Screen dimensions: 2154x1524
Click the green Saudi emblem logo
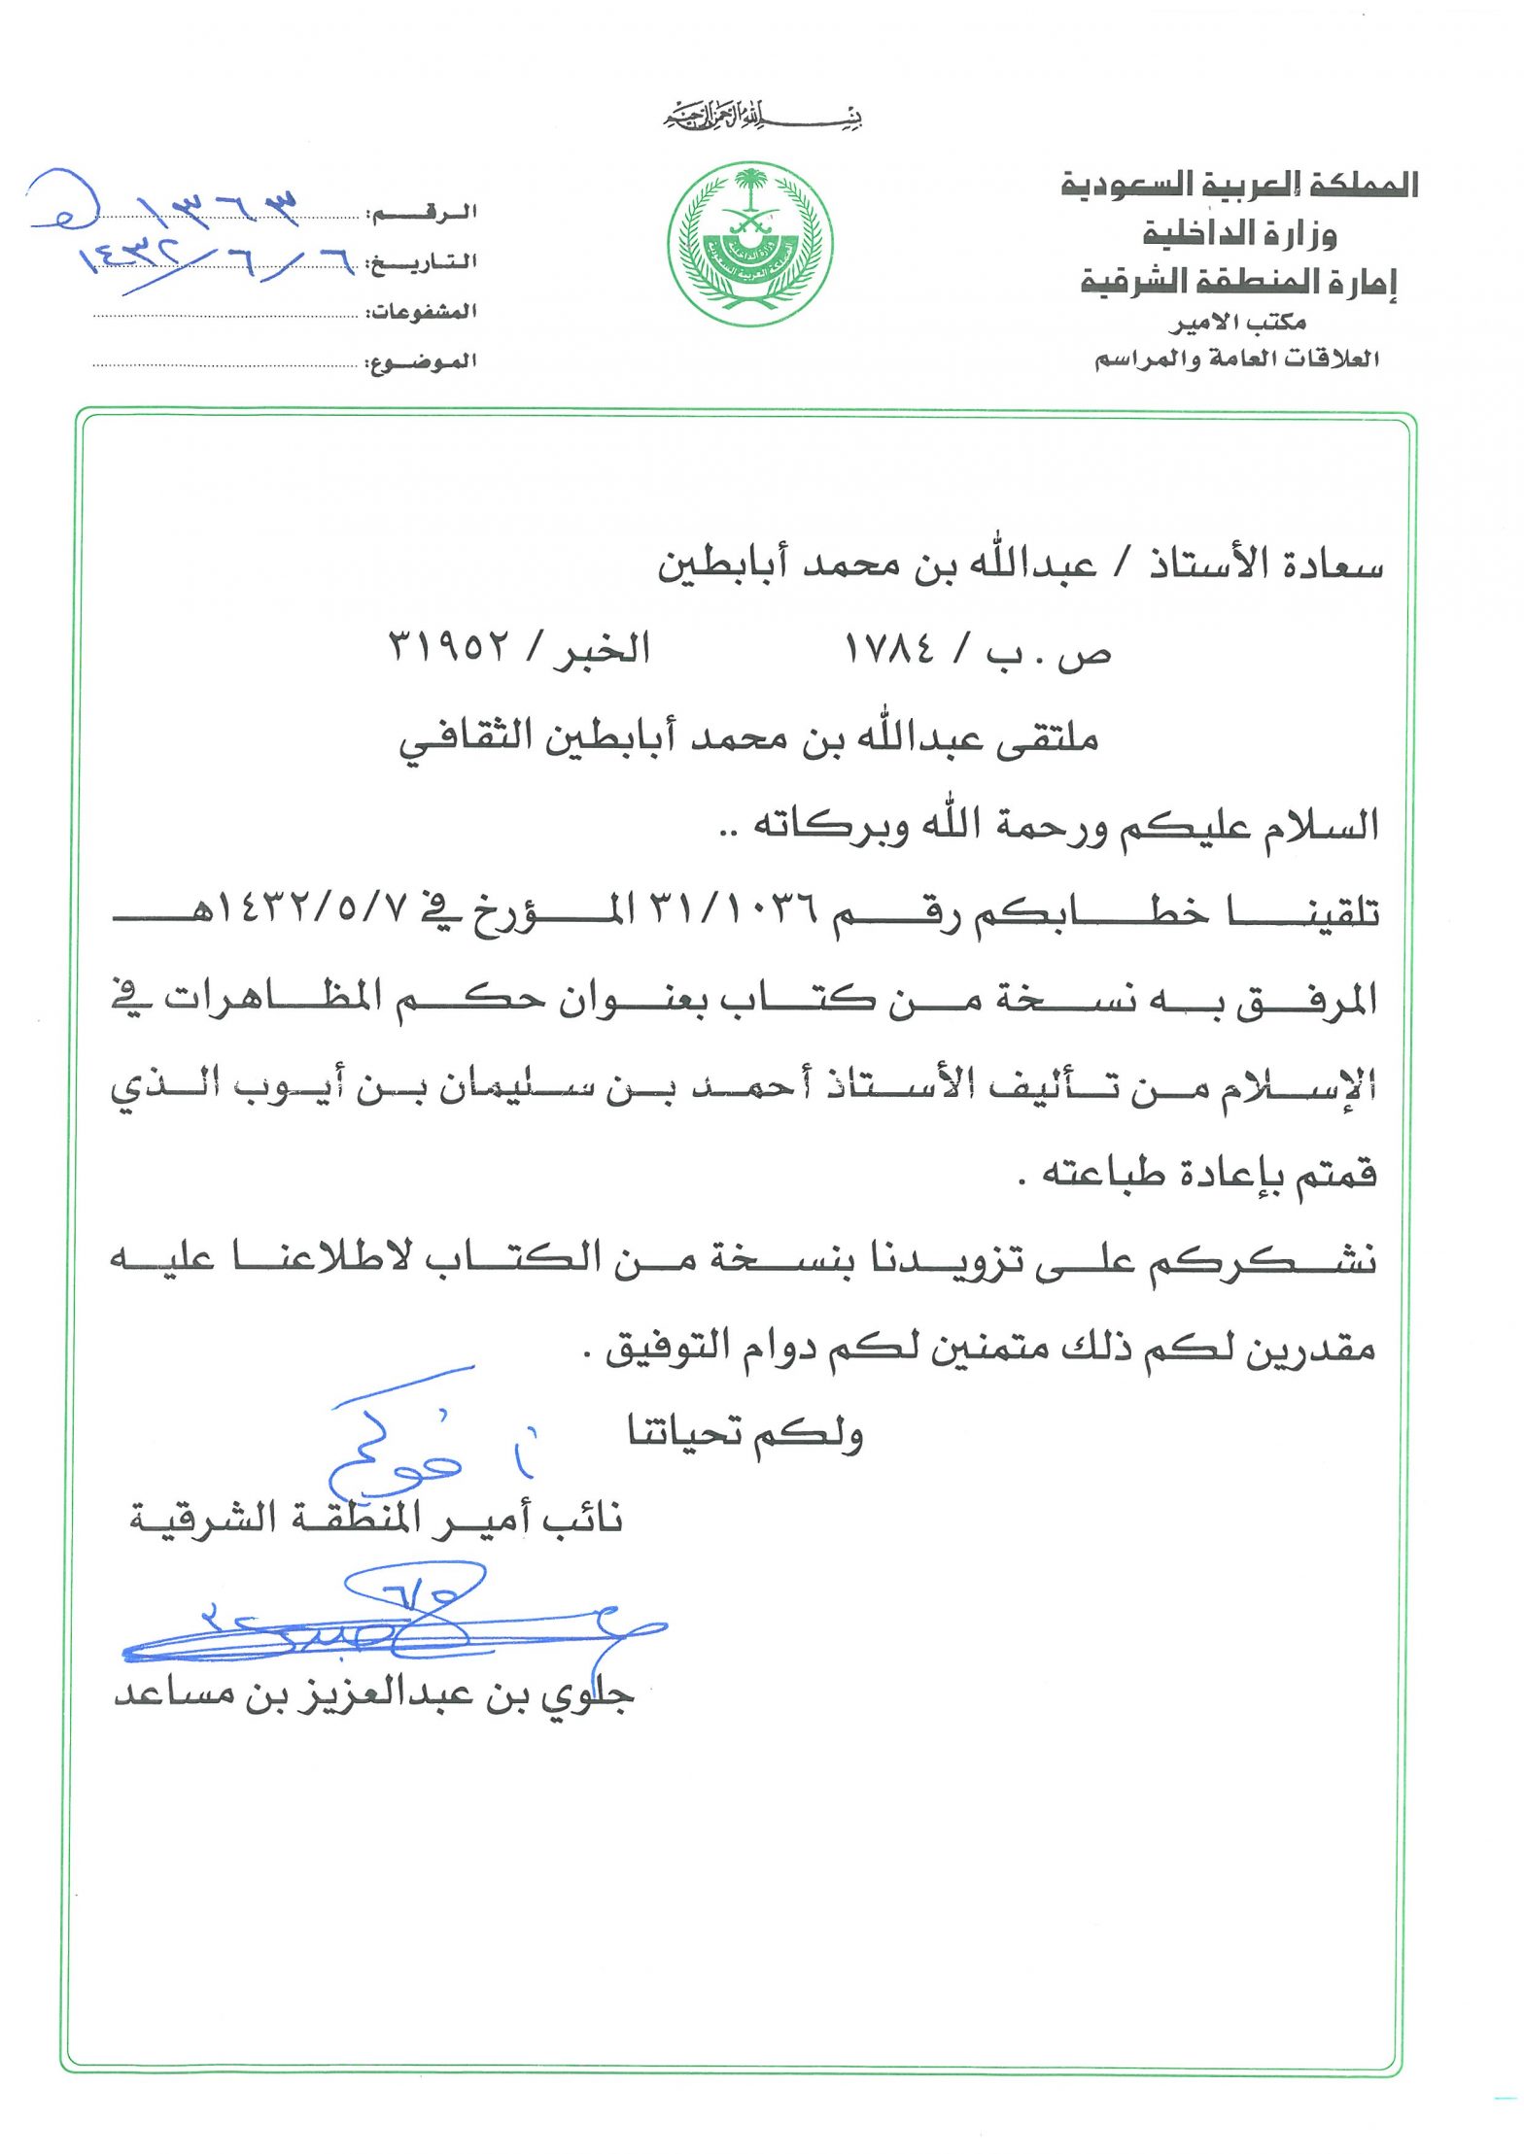pyautogui.click(x=749, y=244)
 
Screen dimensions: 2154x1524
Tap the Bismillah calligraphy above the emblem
pyautogui.click(x=764, y=119)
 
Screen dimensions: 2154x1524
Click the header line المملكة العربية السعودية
pyautogui.click(x=1238, y=185)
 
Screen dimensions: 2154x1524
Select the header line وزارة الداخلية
pyautogui.click(x=1239, y=233)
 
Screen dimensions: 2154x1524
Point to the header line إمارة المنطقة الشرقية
pyautogui.click(x=1238, y=282)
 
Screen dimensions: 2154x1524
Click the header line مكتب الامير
pyautogui.click(x=1237, y=323)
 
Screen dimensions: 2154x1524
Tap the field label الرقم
pyautogui.click(x=423, y=213)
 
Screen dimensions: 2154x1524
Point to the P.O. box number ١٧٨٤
pyautogui.click(x=889, y=648)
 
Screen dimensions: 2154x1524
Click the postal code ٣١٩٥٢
pyautogui.click(x=450, y=646)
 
